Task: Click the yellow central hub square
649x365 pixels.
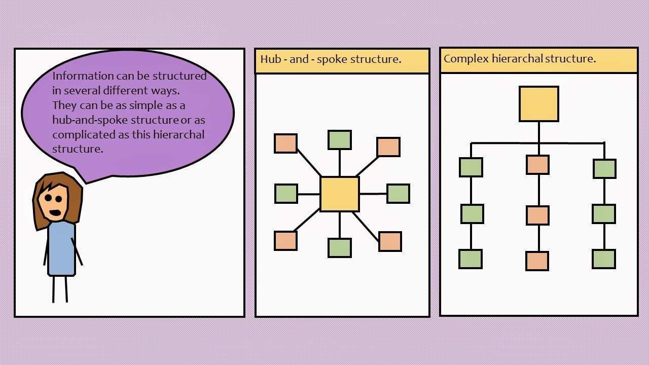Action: point(340,194)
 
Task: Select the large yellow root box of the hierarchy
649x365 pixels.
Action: point(538,104)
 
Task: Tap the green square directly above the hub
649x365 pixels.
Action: point(339,140)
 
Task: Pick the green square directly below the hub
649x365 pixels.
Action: point(339,247)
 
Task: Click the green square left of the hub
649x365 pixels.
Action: point(286,194)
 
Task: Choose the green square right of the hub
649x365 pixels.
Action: point(398,194)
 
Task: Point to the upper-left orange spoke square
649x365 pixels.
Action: point(285,143)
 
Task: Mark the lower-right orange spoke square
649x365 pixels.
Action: point(390,242)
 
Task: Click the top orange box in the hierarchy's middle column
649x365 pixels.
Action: point(537,165)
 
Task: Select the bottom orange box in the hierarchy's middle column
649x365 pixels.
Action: point(537,261)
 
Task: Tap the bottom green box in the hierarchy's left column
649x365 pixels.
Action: point(470,259)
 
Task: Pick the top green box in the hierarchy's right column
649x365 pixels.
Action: point(604,169)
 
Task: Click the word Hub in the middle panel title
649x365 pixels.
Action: point(270,59)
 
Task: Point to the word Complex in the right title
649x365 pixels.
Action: point(460,59)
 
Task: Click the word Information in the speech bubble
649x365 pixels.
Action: point(83,76)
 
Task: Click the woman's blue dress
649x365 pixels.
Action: point(61,248)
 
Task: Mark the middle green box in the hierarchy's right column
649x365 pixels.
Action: point(603,214)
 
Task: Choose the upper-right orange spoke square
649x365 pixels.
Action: point(388,147)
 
